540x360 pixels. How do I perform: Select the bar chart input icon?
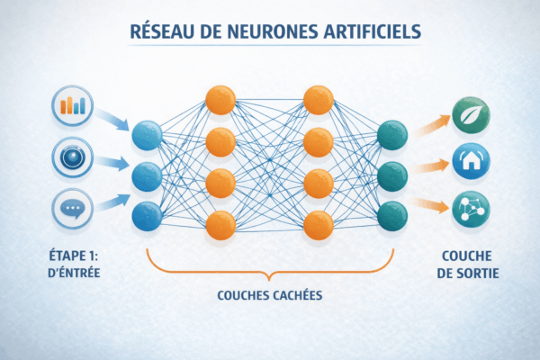[71, 105]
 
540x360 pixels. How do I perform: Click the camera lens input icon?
[71, 155]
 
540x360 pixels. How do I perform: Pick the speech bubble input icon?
[71, 208]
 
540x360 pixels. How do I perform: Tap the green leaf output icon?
[470, 114]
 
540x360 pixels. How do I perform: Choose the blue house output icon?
[470, 163]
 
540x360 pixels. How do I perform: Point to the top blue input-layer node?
[147, 136]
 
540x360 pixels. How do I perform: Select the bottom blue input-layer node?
[147, 216]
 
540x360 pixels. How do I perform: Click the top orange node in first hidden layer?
[220, 99]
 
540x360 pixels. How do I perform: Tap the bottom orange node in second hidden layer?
[318, 224]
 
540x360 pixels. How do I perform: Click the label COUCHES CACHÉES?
[269, 294]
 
